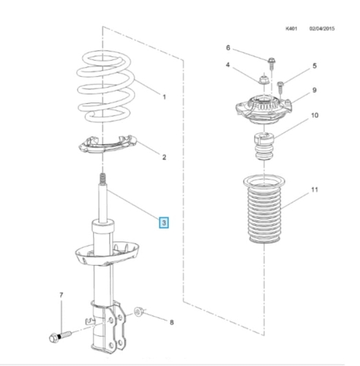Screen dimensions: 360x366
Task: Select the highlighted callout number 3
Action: [x=164, y=223]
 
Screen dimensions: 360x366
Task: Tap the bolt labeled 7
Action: [x=60, y=336]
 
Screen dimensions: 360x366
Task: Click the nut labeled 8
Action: [x=138, y=312]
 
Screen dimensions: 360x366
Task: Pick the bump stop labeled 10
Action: [x=264, y=146]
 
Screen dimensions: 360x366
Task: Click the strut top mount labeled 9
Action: [x=264, y=110]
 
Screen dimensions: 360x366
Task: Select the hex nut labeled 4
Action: [x=263, y=80]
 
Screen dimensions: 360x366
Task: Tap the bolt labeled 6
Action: [x=271, y=63]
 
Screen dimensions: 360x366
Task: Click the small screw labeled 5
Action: [x=280, y=87]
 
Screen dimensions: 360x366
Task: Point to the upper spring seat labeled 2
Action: [x=108, y=144]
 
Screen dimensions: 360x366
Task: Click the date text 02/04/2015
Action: [x=322, y=29]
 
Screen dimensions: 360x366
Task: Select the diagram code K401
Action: [x=291, y=29]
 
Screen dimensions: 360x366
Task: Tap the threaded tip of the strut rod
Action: [x=102, y=179]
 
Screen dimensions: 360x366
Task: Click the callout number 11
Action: [x=315, y=190]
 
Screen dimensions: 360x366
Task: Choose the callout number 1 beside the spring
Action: [x=164, y=97]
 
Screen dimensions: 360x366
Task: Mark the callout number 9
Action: [x=315, y=90]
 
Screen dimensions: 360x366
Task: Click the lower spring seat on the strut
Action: [x=107, y=254]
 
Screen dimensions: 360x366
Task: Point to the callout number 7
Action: [x=61, y=295]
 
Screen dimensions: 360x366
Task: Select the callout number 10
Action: [x=315, y=115]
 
